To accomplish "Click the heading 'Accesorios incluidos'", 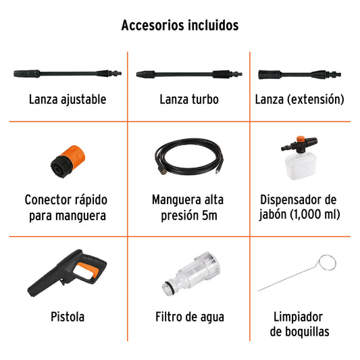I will tap(180, 26).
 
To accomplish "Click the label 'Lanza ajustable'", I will tap(68, 99).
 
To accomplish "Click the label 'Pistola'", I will tap(68, 316).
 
